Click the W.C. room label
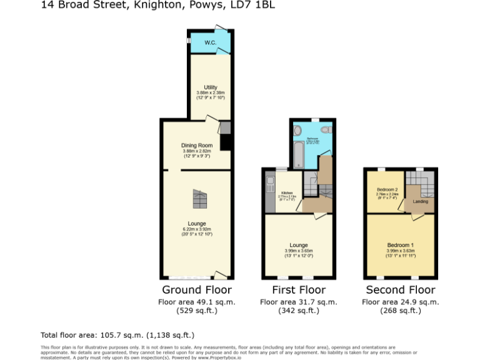tap(209, 42)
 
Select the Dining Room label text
tap(197, 146)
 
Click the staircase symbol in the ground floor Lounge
tap(199, 199)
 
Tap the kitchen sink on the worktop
tap(269, 184)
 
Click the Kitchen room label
tap(287, 192)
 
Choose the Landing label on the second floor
tap(420, 201)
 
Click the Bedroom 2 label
tap(387, 189)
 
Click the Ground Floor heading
tap(197, 290)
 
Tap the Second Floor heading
tap(400, 290)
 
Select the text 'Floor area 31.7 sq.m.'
tap(298, 302)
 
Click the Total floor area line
tap(117, 335)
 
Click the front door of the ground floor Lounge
tap(220, 275)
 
